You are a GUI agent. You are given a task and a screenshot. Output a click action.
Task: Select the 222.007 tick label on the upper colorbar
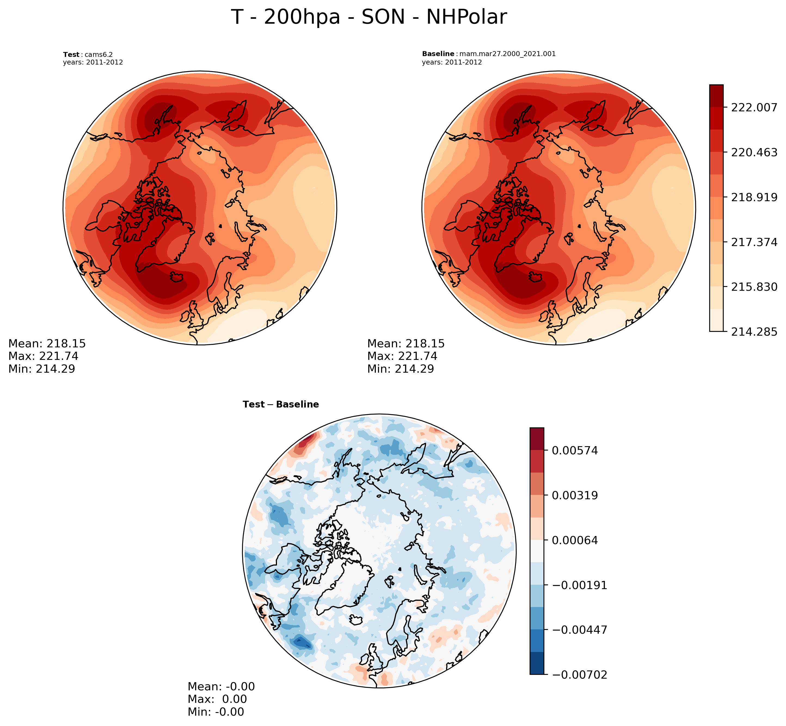(x=753, y=107)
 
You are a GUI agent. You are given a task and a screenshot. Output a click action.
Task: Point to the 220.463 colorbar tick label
(x=753, y=152)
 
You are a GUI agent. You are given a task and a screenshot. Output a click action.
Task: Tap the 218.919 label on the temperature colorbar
(x=753, y=197)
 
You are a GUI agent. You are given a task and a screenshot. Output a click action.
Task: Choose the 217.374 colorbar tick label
(x=753, y=242)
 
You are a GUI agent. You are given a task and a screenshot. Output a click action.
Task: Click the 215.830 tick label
(x=753, y=287)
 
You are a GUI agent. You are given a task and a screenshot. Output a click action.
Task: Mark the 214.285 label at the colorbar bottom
(x=753, y=332)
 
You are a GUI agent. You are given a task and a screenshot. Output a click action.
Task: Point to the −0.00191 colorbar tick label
(x=579, y=585)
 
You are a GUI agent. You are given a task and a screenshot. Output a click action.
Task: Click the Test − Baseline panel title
(x=281, y=405)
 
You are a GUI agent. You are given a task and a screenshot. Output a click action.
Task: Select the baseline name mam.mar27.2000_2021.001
(x=508, y=54)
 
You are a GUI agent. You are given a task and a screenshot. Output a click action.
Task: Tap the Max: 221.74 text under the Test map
(x=43, y=356)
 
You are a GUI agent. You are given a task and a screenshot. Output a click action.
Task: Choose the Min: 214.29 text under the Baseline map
(x=401, y=369)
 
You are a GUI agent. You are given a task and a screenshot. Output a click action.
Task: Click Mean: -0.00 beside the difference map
(x=221, y=686)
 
